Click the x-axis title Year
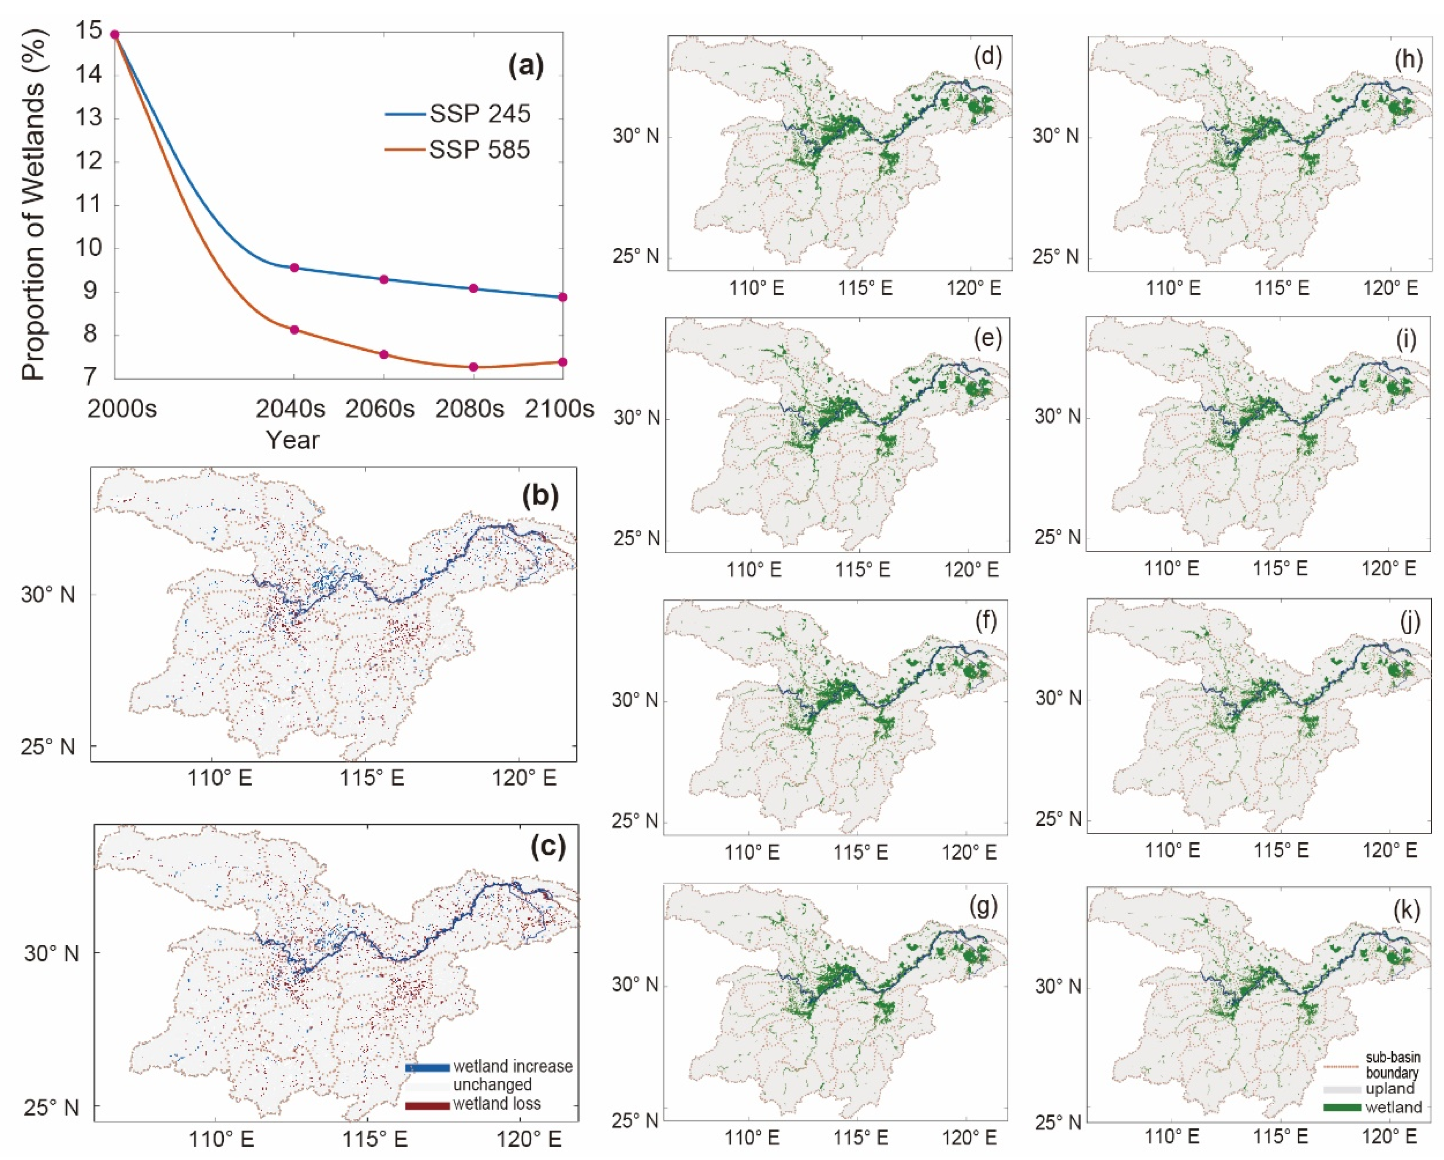[293, 440]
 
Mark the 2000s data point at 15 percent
[114, 35]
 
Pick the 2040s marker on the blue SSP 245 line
[294, 268]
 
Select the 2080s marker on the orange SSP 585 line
[474, 367]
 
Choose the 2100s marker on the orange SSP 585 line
[563, 362]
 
